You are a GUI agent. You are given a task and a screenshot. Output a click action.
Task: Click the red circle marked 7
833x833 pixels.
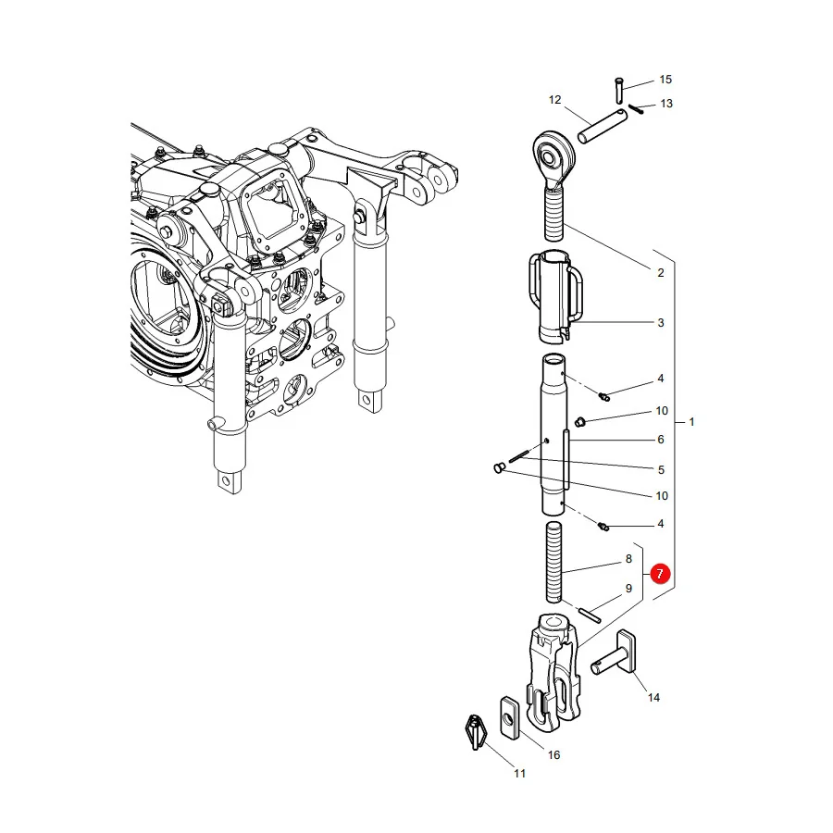point(660,574)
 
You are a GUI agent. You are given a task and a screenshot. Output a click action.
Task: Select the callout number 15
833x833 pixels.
point(665,80)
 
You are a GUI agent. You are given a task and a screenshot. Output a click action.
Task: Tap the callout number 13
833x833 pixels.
point(666,104)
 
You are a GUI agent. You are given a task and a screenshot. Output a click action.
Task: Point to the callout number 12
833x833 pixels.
point(554,100)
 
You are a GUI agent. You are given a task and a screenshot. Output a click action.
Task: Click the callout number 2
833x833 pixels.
point(661,273)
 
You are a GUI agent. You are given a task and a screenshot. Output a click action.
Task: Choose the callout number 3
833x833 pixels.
point(661,323)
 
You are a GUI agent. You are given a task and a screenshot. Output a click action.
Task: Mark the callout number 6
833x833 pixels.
point(661,440)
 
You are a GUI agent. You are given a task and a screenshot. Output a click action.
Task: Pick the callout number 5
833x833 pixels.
point(662,470)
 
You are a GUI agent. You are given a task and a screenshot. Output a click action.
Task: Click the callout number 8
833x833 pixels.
point(629,559)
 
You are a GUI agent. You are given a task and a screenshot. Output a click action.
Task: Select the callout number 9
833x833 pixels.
point(629,589)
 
